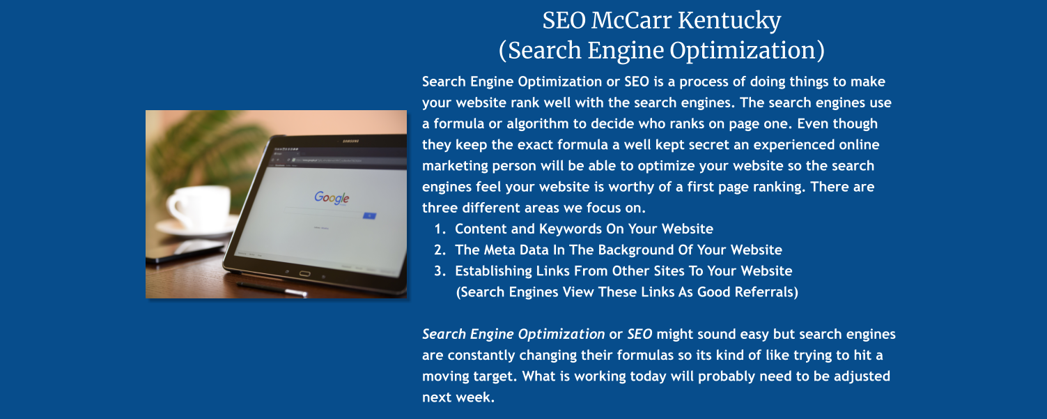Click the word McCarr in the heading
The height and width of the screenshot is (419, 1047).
coord(631,20)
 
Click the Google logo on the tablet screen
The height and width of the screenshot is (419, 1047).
coord(331,198)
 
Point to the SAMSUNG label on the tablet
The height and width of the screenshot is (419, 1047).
coord(350,142)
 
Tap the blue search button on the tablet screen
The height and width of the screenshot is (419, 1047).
coord(369,215)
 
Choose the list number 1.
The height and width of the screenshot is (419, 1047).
coord(439,229)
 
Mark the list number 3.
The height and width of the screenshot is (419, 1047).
coord(439,271)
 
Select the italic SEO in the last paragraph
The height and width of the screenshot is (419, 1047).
coord(639,334)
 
